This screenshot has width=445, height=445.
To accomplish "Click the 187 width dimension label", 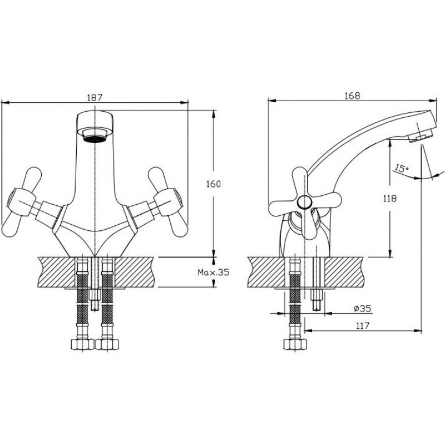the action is [x=94, y=98].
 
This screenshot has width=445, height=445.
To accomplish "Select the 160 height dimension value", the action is [x=213, y=184].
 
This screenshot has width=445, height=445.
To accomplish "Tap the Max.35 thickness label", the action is [x=214, y=273].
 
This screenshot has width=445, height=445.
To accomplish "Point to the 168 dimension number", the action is [x=352, y=96].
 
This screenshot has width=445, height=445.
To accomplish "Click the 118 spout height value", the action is [x=390, y=199].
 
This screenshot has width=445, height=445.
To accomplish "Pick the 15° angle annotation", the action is [x=400, y=169].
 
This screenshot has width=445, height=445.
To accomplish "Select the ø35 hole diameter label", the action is [x=363, y=308].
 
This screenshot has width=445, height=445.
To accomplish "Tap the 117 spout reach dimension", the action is [x=363, y=325].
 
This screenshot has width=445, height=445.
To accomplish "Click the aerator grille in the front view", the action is [x=94, y=139].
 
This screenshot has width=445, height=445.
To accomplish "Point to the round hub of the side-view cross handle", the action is [x=304, y=202].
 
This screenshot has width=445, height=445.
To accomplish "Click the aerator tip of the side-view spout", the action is [x=420, y=136].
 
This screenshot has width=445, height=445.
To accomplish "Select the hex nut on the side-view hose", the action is [x=295, y=344].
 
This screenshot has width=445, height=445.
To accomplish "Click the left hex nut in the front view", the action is [x=82, y=344].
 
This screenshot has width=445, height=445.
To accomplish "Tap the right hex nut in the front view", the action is [x=107, y=344].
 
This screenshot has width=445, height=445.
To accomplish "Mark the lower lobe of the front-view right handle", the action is [x=177, y=225].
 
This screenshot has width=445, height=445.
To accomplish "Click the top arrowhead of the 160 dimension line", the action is [x=214, y=113].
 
